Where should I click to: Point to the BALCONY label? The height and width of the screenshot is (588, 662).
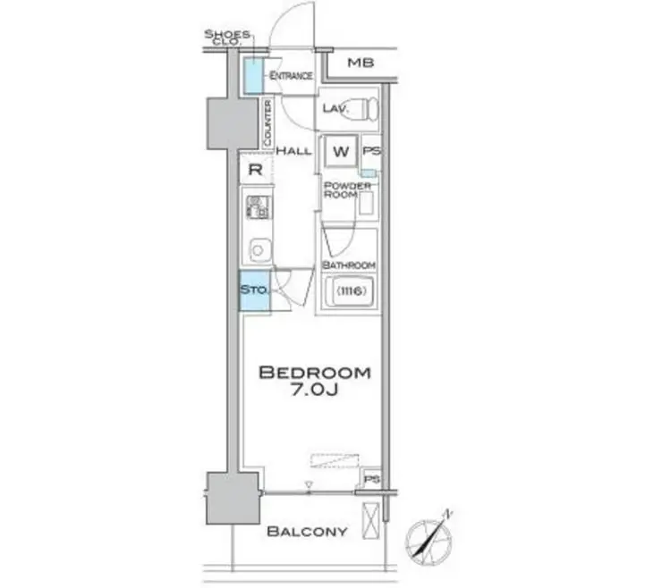pos(307,532)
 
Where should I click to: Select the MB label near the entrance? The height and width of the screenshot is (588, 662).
pos(361,63)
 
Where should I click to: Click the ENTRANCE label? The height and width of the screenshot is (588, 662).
pos(291,76)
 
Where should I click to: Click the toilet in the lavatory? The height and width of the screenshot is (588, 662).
pos(362,110)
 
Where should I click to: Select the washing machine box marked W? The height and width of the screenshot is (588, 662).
pos(341,151)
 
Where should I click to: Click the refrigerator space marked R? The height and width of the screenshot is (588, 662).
pos(254,168)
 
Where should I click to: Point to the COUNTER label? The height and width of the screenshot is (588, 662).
pos(267,123)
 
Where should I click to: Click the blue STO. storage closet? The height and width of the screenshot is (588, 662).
pos(254,290)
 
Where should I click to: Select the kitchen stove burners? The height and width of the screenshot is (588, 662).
pos(256,207)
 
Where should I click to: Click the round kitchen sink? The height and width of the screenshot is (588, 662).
pos(256,248)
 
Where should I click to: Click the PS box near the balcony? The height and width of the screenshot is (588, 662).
pos(373,479)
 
